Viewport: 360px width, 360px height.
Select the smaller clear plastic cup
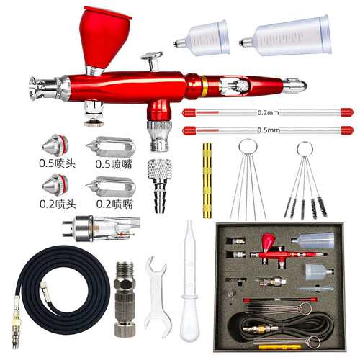[202, 38]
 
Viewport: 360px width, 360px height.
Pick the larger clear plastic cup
[287, 36]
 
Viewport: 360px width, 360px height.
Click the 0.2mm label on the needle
[268, 112]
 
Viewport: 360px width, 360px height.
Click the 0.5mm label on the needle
[269, 130]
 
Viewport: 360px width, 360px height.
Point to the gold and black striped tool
[207, 181]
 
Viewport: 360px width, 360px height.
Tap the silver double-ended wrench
[157, 297]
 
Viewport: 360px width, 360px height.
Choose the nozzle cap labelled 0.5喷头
[55, 145]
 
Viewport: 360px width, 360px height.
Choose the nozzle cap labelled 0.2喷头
[55, 185]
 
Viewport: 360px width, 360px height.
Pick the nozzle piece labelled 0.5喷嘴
[111, 146]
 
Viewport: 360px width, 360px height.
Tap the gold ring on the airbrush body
[204, 86]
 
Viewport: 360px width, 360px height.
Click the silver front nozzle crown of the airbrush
[36, 88]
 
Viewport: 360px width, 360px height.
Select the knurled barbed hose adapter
[160, 185]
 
